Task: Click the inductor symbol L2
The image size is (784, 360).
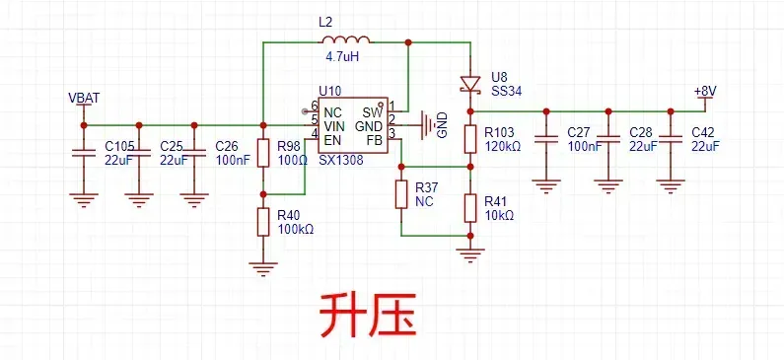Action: (346, 40)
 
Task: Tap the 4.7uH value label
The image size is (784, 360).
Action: (342, 57)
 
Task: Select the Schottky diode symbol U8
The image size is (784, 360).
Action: (470, 84)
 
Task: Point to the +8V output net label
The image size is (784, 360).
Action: (705, 91)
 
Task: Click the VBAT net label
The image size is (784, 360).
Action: (84, 98)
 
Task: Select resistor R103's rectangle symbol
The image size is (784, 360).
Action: (470, 139)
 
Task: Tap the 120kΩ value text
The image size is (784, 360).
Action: (503, 147)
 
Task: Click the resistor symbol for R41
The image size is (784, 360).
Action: (470, 208)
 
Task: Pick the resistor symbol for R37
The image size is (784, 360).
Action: (401, 194)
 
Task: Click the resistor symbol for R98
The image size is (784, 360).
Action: (263, 153)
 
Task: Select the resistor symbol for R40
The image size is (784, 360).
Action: (263, 222)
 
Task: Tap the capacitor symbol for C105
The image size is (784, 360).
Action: (84, 153)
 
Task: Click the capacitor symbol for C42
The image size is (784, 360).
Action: (671, 139)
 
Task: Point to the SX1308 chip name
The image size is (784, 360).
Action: (341, 161)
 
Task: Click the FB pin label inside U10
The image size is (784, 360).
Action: (374, 139)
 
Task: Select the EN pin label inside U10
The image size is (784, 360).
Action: (332, 139)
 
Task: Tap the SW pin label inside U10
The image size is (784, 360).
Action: (373, 111)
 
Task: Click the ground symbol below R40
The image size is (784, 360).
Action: (263, 270)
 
